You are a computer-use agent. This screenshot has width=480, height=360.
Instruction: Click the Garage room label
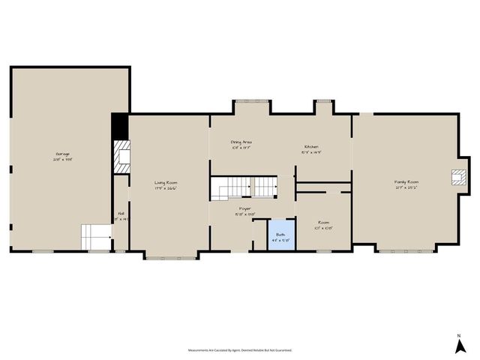(62, 157)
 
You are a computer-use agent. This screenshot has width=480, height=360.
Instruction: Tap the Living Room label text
(166, 185)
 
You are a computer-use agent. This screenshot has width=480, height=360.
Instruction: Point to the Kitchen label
(312, 148)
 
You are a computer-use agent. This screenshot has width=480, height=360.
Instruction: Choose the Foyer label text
(245, 211)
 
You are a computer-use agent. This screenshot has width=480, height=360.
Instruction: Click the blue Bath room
(281, 236)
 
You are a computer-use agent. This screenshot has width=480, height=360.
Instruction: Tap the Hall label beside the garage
(120, 217)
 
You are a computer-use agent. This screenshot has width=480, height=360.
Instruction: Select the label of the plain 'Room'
(323, 224)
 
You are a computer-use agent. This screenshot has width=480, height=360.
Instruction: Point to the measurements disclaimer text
(240, 349)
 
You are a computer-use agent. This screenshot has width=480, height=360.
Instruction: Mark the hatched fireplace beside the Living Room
(120, 157)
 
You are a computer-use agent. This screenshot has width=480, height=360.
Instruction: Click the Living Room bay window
(172, 258)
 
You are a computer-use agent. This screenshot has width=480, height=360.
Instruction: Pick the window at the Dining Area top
(245, 101)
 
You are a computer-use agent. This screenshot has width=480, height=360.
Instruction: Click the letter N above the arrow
(458, 335)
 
